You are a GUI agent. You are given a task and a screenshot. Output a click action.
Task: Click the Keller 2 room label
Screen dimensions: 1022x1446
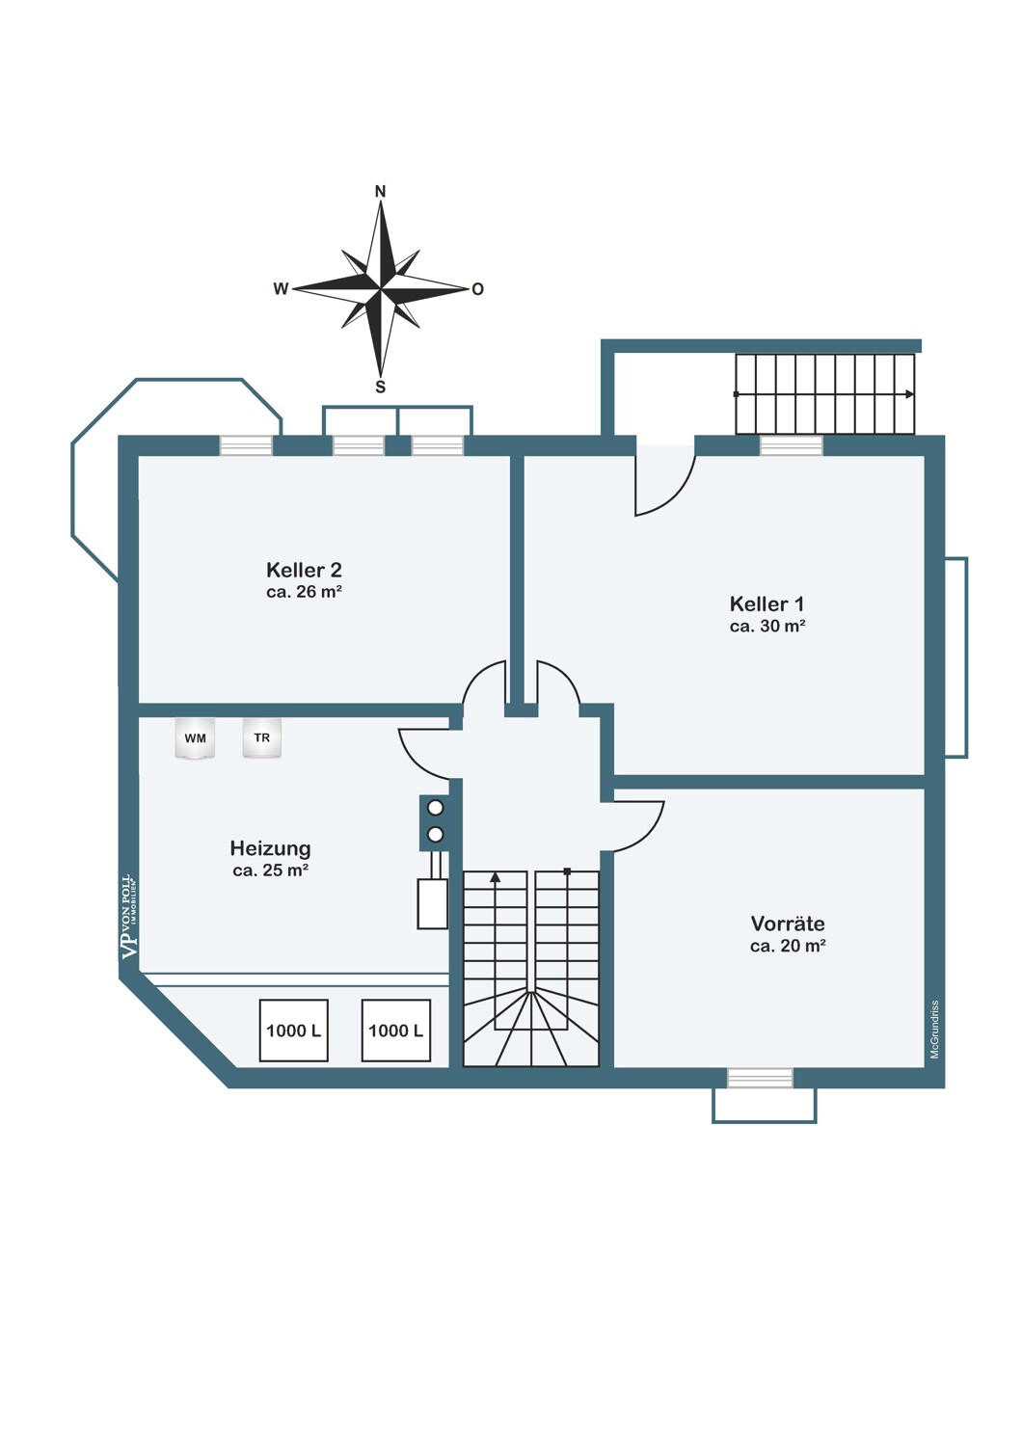tap(304, 570)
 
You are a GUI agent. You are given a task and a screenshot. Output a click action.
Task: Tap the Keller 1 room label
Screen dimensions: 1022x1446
tap(767, 604)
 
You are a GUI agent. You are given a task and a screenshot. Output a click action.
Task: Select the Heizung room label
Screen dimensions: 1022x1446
tap(271, 848)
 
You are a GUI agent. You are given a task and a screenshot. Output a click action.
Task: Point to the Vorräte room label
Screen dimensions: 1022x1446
tap(788, 924)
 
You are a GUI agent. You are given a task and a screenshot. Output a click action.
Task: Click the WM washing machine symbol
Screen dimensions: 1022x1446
tap(195, 737)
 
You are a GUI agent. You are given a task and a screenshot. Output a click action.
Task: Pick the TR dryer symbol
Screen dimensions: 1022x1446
tap(262, 737)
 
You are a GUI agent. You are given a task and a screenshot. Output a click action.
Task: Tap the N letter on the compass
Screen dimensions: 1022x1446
tap(380, 192)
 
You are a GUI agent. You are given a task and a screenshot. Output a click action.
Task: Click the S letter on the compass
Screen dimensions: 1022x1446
tap(380, 387)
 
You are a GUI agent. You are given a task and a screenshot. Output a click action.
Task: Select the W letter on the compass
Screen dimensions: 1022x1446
tap(281, 289)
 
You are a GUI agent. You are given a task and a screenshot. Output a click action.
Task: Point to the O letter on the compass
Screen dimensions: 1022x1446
tap(478, 289)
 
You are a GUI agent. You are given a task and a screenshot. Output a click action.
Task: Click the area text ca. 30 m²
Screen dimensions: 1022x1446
tap(767, 627)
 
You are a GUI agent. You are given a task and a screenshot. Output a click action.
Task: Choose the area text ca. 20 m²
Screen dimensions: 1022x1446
tap(788, 946)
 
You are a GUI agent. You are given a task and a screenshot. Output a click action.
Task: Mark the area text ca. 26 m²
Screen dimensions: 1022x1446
tap(304, 592)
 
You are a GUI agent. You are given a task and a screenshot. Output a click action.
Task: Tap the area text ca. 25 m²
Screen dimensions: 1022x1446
tap(271, 870)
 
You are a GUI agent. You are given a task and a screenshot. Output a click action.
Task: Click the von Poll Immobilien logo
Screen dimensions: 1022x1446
tap(130, 917)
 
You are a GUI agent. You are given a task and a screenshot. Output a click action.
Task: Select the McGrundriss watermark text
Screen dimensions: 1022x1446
tap(934, 1029)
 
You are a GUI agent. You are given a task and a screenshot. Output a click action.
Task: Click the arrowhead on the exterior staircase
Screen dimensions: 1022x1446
tap(909, 393)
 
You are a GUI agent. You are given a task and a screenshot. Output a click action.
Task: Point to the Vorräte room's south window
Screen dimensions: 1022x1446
tap(760, 1078)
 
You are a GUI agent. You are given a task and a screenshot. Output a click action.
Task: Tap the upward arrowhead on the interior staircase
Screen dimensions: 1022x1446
tap(496, 876)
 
